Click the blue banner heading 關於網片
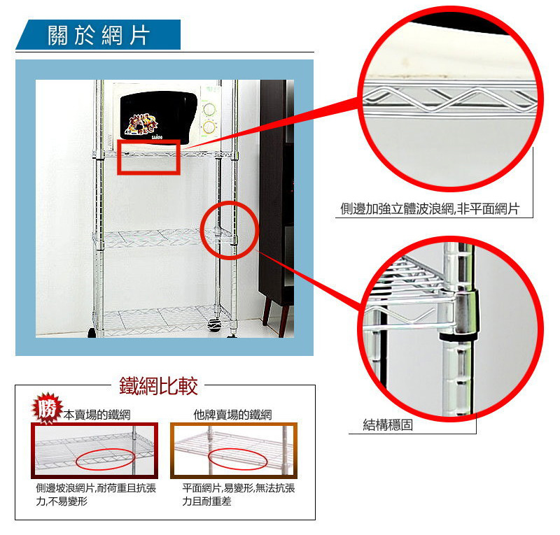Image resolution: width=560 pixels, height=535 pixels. (x=98, y=35)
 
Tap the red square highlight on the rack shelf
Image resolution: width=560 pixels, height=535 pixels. (x=118, y=157)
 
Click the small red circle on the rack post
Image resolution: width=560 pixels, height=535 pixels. (x=201, y=230)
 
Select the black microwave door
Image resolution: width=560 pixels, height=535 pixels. (x=158, y=116)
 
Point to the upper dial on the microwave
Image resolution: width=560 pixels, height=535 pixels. (x=209, y=108)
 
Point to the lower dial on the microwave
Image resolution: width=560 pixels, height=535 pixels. (x=209, y=127)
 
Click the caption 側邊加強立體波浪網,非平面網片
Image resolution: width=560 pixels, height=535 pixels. (x=430, y=209)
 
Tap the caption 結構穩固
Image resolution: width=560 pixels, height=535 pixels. (x=388, y=425)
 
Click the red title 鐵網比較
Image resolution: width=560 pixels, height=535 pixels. (x=158, y=386)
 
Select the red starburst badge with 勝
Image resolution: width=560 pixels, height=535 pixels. (x=47, y=408)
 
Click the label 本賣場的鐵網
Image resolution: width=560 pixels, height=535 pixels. (x=97, y=415)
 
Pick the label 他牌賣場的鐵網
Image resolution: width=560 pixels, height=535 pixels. (x=232, y=415)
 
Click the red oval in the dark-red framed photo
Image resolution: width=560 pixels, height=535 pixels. (x=76, y=460)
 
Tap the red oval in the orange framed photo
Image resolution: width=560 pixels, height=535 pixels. (x=208, y=459)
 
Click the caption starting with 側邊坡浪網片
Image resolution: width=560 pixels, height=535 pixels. (x=96, y=494)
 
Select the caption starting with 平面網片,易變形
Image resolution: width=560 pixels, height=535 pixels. (x=239, y=494)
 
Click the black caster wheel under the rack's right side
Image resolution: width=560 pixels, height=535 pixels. (x=214, y=325)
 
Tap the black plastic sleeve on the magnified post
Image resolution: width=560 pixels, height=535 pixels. (x=459, y=336)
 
